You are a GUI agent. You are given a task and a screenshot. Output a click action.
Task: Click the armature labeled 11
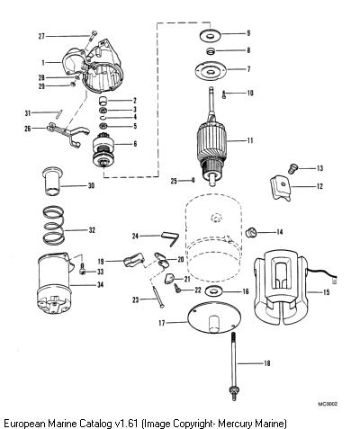(211, 141)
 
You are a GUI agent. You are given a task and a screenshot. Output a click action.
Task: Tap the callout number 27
(41, 36)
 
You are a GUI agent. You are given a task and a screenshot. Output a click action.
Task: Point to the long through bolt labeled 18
(234, 366)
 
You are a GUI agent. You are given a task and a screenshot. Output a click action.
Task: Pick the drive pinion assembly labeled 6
(104, 150)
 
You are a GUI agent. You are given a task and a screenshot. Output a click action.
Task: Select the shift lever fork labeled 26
(67, 132)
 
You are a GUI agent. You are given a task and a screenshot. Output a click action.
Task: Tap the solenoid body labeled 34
(54, 284)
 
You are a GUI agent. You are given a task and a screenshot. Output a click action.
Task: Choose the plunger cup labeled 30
(52, 181)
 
